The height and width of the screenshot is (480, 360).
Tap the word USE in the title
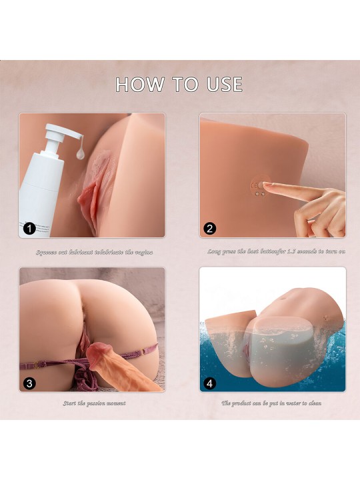pos(221,85)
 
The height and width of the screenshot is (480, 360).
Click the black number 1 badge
pos(29,229)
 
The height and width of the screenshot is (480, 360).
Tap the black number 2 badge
pos(210,229)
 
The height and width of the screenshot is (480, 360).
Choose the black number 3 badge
pos(29,383)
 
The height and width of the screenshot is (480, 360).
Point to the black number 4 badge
pos(210,383)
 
